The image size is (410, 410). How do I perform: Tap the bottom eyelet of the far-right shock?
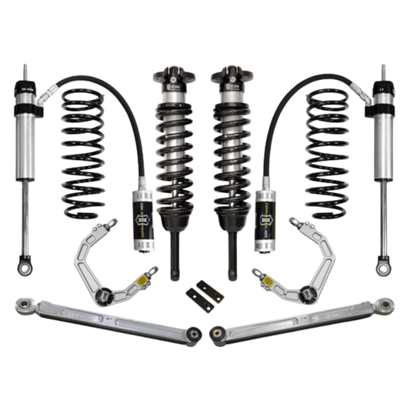point(382,269)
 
